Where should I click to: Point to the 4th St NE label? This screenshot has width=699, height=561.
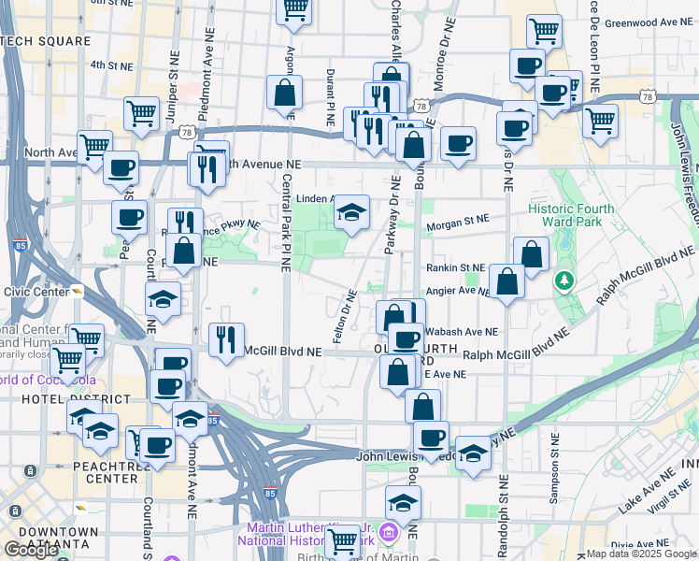[x=110, y=65]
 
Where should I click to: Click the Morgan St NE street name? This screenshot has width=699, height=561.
[x=457, y=220]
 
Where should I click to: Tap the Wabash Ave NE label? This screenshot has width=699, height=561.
[x=461, y=331]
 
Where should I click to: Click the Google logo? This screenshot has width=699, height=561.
[x=31, y=550]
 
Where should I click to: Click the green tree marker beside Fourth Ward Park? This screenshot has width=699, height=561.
[x=563, y=279]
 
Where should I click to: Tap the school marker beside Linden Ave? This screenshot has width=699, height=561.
[x=351, y=212]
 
